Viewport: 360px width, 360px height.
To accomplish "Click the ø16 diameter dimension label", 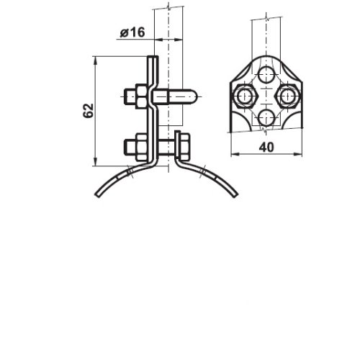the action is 132,32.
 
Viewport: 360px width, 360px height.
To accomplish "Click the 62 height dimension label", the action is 88,111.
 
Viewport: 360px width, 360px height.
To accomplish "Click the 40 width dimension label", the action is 266,147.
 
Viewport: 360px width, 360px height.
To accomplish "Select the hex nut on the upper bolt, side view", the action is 141,96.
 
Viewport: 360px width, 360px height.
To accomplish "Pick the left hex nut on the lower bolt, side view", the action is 141,147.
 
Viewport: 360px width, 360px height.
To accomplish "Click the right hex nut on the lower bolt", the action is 184,147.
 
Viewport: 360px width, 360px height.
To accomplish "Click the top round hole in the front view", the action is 266,75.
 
